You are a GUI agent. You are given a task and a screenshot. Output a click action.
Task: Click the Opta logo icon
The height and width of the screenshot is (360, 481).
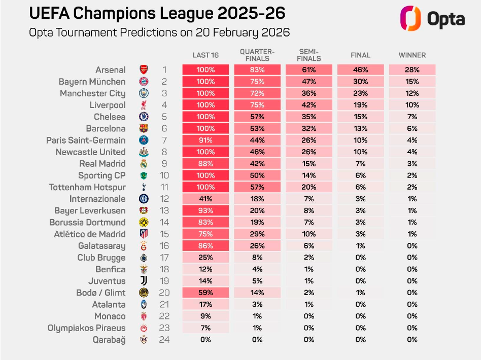tap(410, 19)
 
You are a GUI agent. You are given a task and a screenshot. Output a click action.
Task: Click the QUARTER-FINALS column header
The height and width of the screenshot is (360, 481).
tap(257, 55)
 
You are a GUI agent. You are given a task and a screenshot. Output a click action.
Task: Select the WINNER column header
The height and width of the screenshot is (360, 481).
tap(412, 55)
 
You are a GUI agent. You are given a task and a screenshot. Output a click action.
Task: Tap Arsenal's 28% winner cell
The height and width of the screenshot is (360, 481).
tap(412, 70)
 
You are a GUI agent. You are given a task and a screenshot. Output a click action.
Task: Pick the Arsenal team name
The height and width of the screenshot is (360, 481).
tap(110, 70)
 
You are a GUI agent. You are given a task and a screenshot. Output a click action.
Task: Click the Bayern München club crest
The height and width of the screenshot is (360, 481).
tap(144, 82)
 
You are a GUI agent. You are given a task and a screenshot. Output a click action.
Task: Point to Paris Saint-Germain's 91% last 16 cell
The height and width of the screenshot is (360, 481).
tap(205, 140)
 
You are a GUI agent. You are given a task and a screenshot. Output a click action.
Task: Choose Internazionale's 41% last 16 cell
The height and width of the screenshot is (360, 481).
tap(205, 199)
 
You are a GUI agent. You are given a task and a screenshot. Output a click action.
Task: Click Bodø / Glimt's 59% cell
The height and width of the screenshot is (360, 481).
tap(205, 293)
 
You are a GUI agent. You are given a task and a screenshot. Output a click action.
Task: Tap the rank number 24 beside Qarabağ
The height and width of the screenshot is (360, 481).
tap(164, 340)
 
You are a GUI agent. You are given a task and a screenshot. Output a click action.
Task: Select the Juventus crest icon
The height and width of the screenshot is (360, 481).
tap(144, 281)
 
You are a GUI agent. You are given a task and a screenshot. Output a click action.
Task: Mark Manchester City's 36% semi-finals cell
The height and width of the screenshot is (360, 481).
tap(309, 93)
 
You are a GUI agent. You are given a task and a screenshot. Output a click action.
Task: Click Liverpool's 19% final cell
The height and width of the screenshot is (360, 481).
tap(361, 105)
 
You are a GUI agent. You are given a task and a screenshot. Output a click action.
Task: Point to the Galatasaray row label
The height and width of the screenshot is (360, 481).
tap(102, 246)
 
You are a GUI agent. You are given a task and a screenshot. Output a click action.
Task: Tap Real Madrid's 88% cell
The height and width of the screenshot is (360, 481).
tap(205, 164)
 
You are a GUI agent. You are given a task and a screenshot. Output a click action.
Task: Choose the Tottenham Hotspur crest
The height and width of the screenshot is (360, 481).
tap(144, 187)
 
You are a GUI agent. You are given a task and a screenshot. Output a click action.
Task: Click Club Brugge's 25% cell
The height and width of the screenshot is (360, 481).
tap(205, 258)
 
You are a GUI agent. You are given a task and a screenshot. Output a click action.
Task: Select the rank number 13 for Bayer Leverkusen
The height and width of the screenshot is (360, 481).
tap(164, 210)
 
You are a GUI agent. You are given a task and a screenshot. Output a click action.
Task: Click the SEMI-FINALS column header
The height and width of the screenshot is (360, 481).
tap(309, 55)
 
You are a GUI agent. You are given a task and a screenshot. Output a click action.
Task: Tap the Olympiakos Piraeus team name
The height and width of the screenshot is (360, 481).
tap(86, 328)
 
